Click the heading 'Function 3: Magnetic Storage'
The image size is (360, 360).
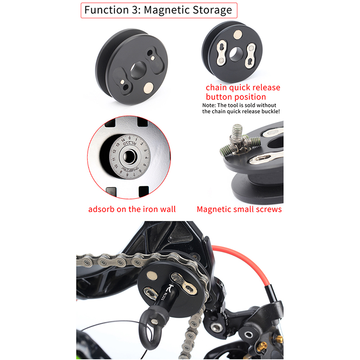point(158,10)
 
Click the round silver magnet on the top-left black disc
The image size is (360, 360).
point(148,88)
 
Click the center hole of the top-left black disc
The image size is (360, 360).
point(138,70)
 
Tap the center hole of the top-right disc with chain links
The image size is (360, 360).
point(236,54)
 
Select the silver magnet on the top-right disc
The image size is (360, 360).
point(238,34)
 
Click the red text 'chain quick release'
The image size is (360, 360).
point(243,87)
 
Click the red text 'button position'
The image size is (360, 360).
point(236,97)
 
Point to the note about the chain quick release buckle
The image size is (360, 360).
point(241,108)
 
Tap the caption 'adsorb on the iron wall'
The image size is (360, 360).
point(132,209)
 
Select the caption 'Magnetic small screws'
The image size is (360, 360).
point(239,209)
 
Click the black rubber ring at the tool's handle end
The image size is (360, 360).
point(149,328)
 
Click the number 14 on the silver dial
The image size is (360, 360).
point(123,140)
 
